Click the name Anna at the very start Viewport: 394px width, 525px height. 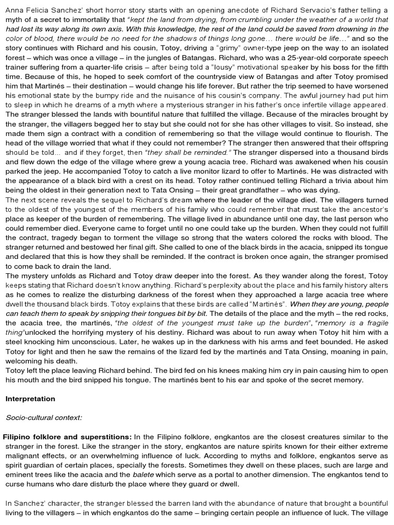14,10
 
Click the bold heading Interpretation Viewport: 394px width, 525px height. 30,398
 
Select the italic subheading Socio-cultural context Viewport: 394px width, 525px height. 44,417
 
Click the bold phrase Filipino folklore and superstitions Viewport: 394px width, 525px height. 68,437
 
